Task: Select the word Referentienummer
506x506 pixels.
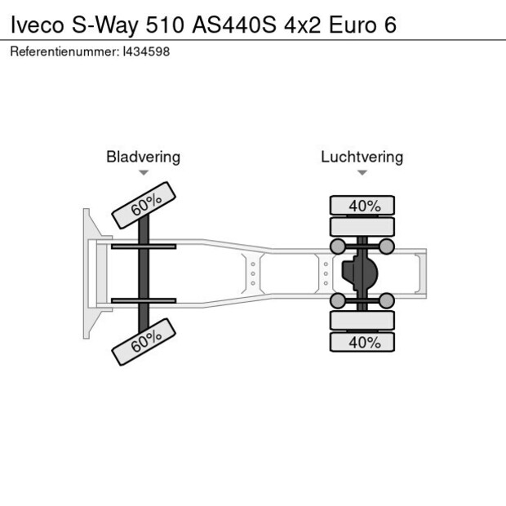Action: coord(64,51)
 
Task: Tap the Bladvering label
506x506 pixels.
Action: coord(143,157)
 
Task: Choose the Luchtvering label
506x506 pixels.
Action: coord(362,157)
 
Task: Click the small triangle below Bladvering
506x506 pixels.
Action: coord(144,173)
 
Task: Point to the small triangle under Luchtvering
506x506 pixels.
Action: coord(362,173)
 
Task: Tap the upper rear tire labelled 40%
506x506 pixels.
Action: coord(362,206)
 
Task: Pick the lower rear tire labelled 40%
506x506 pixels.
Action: coord(362,343)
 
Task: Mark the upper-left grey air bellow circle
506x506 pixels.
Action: coord(336,246)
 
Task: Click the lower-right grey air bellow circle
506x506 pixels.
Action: coord(387,301)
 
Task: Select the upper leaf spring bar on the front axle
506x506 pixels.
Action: coord(144,246)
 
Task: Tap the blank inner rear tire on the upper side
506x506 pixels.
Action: coord(362,227)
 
